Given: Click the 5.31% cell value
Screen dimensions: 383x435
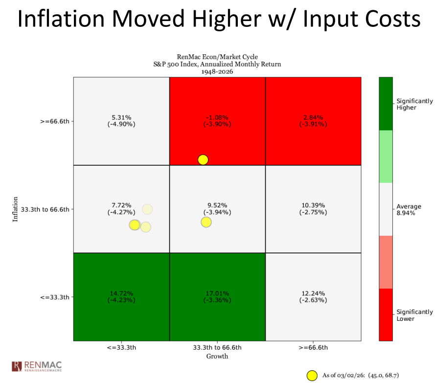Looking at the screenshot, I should point(121,117).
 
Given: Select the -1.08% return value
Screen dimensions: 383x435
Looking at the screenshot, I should point(217,117).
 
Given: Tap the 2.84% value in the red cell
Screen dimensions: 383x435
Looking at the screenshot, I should point(313,117).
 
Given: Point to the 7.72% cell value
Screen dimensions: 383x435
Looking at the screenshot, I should point(121,205).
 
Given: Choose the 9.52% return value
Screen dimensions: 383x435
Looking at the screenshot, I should point(217,205).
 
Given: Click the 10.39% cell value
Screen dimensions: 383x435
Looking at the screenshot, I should point(313,205).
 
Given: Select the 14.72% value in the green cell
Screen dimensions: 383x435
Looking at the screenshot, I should point(121,293).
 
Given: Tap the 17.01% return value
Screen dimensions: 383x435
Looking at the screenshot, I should point(217,293).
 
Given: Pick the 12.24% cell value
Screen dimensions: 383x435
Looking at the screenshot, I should point(313,293).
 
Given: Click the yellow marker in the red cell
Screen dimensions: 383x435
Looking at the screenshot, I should point(203,159).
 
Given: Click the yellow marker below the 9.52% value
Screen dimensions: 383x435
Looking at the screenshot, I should point(206,222).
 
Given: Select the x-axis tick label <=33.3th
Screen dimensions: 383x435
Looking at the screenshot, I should point(121,348).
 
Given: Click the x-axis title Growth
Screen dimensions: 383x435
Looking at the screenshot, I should point(217,357).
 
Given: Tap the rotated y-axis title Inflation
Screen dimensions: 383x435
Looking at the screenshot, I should point(15,209).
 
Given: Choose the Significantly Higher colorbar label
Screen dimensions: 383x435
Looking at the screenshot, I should point(414,104).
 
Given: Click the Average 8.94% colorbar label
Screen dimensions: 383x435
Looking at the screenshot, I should point(409,210).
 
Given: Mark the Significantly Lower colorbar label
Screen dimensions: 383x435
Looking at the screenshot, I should point(414,315).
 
